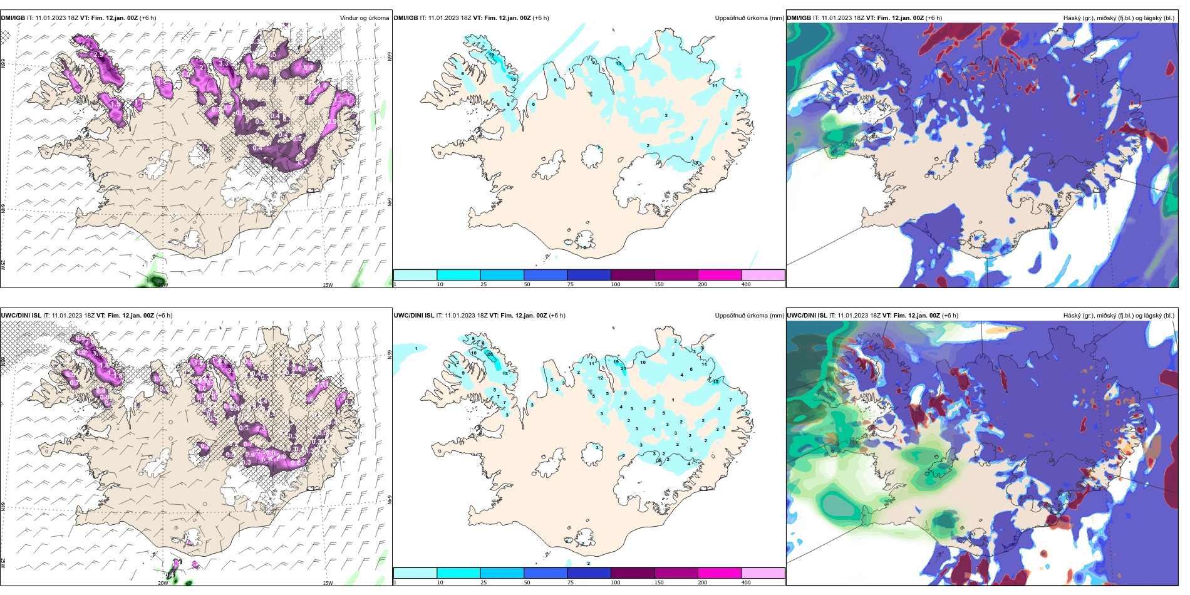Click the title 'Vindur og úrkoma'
364,18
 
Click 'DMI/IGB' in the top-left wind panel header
13,18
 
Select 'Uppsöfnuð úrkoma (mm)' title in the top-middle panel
749,18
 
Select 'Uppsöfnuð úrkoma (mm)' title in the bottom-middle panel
749,316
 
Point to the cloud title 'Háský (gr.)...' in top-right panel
1119,18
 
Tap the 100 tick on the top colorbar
616,284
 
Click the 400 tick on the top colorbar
746,284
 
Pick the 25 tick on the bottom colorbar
484,582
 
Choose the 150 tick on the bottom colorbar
659,582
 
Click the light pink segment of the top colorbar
763,275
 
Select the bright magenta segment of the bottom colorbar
719,573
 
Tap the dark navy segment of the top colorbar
589,275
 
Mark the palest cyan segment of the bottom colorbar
415,573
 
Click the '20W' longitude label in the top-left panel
163,285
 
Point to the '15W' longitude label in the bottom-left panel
328,583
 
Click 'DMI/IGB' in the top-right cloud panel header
799,18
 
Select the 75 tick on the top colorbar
571,284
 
